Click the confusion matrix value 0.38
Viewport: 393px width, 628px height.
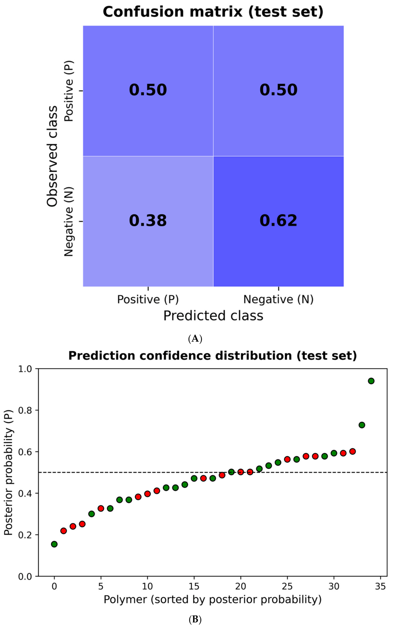(148, 221)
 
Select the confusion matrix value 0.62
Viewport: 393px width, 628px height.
(278, 221)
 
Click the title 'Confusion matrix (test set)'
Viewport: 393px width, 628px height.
(213, 12)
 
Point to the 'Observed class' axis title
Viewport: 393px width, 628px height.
(52, 156)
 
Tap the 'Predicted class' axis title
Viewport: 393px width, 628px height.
(213, 316)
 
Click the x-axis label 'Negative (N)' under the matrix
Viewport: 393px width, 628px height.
(278, 299)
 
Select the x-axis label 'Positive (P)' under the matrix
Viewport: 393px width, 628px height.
(148, 299)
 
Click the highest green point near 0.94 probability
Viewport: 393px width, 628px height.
(371, 381)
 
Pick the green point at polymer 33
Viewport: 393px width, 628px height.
(362, 425)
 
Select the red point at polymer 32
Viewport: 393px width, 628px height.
(353, 451)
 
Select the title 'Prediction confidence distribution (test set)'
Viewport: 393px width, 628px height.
(213, 356)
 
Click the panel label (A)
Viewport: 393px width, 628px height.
(195, 339)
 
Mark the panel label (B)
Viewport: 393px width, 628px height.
(195, 620)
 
